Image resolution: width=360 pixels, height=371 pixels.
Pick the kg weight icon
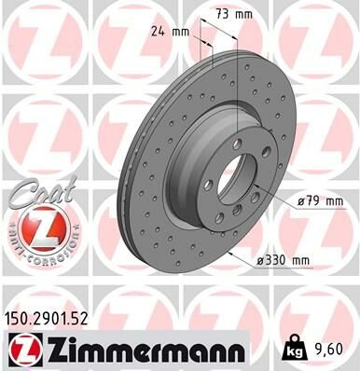[291, 350]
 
